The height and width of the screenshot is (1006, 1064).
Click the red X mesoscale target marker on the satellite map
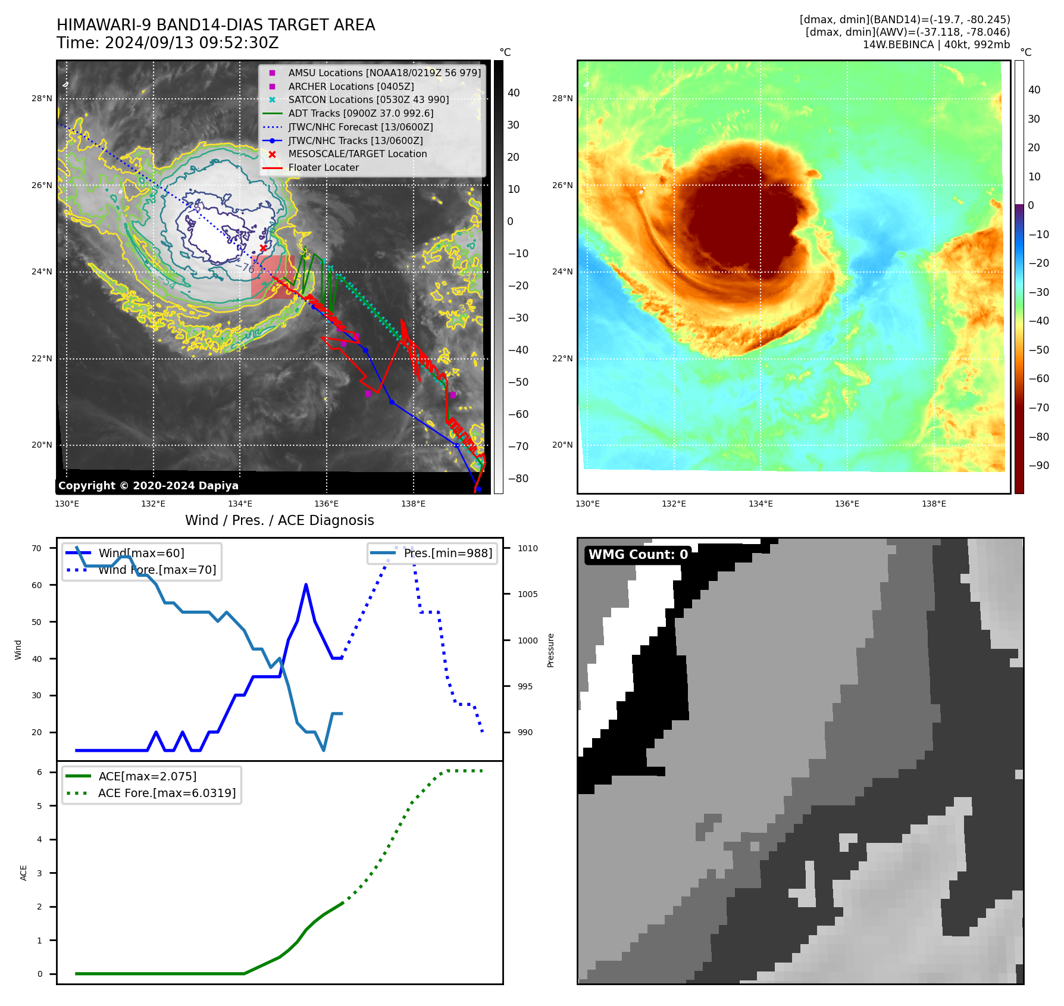click(x=263, y=248)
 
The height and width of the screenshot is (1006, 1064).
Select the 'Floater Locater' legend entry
click(x=323, y=168)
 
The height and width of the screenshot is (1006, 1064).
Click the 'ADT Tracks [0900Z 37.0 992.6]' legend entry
click(x=361, y=113)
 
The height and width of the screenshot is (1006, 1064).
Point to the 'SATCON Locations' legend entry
click(x=368, y=99)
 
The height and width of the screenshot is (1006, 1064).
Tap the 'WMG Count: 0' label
click(x=638, y=555)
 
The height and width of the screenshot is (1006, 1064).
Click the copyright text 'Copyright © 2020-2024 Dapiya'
click(x=148, y=486)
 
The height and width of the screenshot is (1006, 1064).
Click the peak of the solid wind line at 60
click(x=306, y=585)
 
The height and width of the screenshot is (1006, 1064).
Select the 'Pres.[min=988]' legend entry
click(x=447, y=553)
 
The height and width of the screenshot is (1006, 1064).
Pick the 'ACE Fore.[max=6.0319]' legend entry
click(x=167, y=793)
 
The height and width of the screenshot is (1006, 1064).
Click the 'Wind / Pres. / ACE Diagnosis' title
click(x=280, y=520)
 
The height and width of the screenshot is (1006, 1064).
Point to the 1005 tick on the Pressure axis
click(x=527, y=594)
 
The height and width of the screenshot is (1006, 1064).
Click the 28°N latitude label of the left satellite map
click(x=42, y=98)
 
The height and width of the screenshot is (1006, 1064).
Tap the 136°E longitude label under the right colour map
click(x=847, y=504)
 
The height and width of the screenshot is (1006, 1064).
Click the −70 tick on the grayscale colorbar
click(x=518, y=446)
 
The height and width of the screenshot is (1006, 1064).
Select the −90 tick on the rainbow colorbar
click(x=1039, y=465)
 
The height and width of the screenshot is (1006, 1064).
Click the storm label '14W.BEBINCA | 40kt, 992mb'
click(x=936, y=45)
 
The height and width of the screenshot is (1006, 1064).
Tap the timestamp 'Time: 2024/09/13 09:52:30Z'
click(x=168, y=43)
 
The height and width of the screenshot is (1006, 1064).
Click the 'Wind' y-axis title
click(x=18, y=649)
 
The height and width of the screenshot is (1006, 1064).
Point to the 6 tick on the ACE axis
click(x=39, y=772)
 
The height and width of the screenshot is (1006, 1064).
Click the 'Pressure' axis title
click(x=550, y=650)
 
